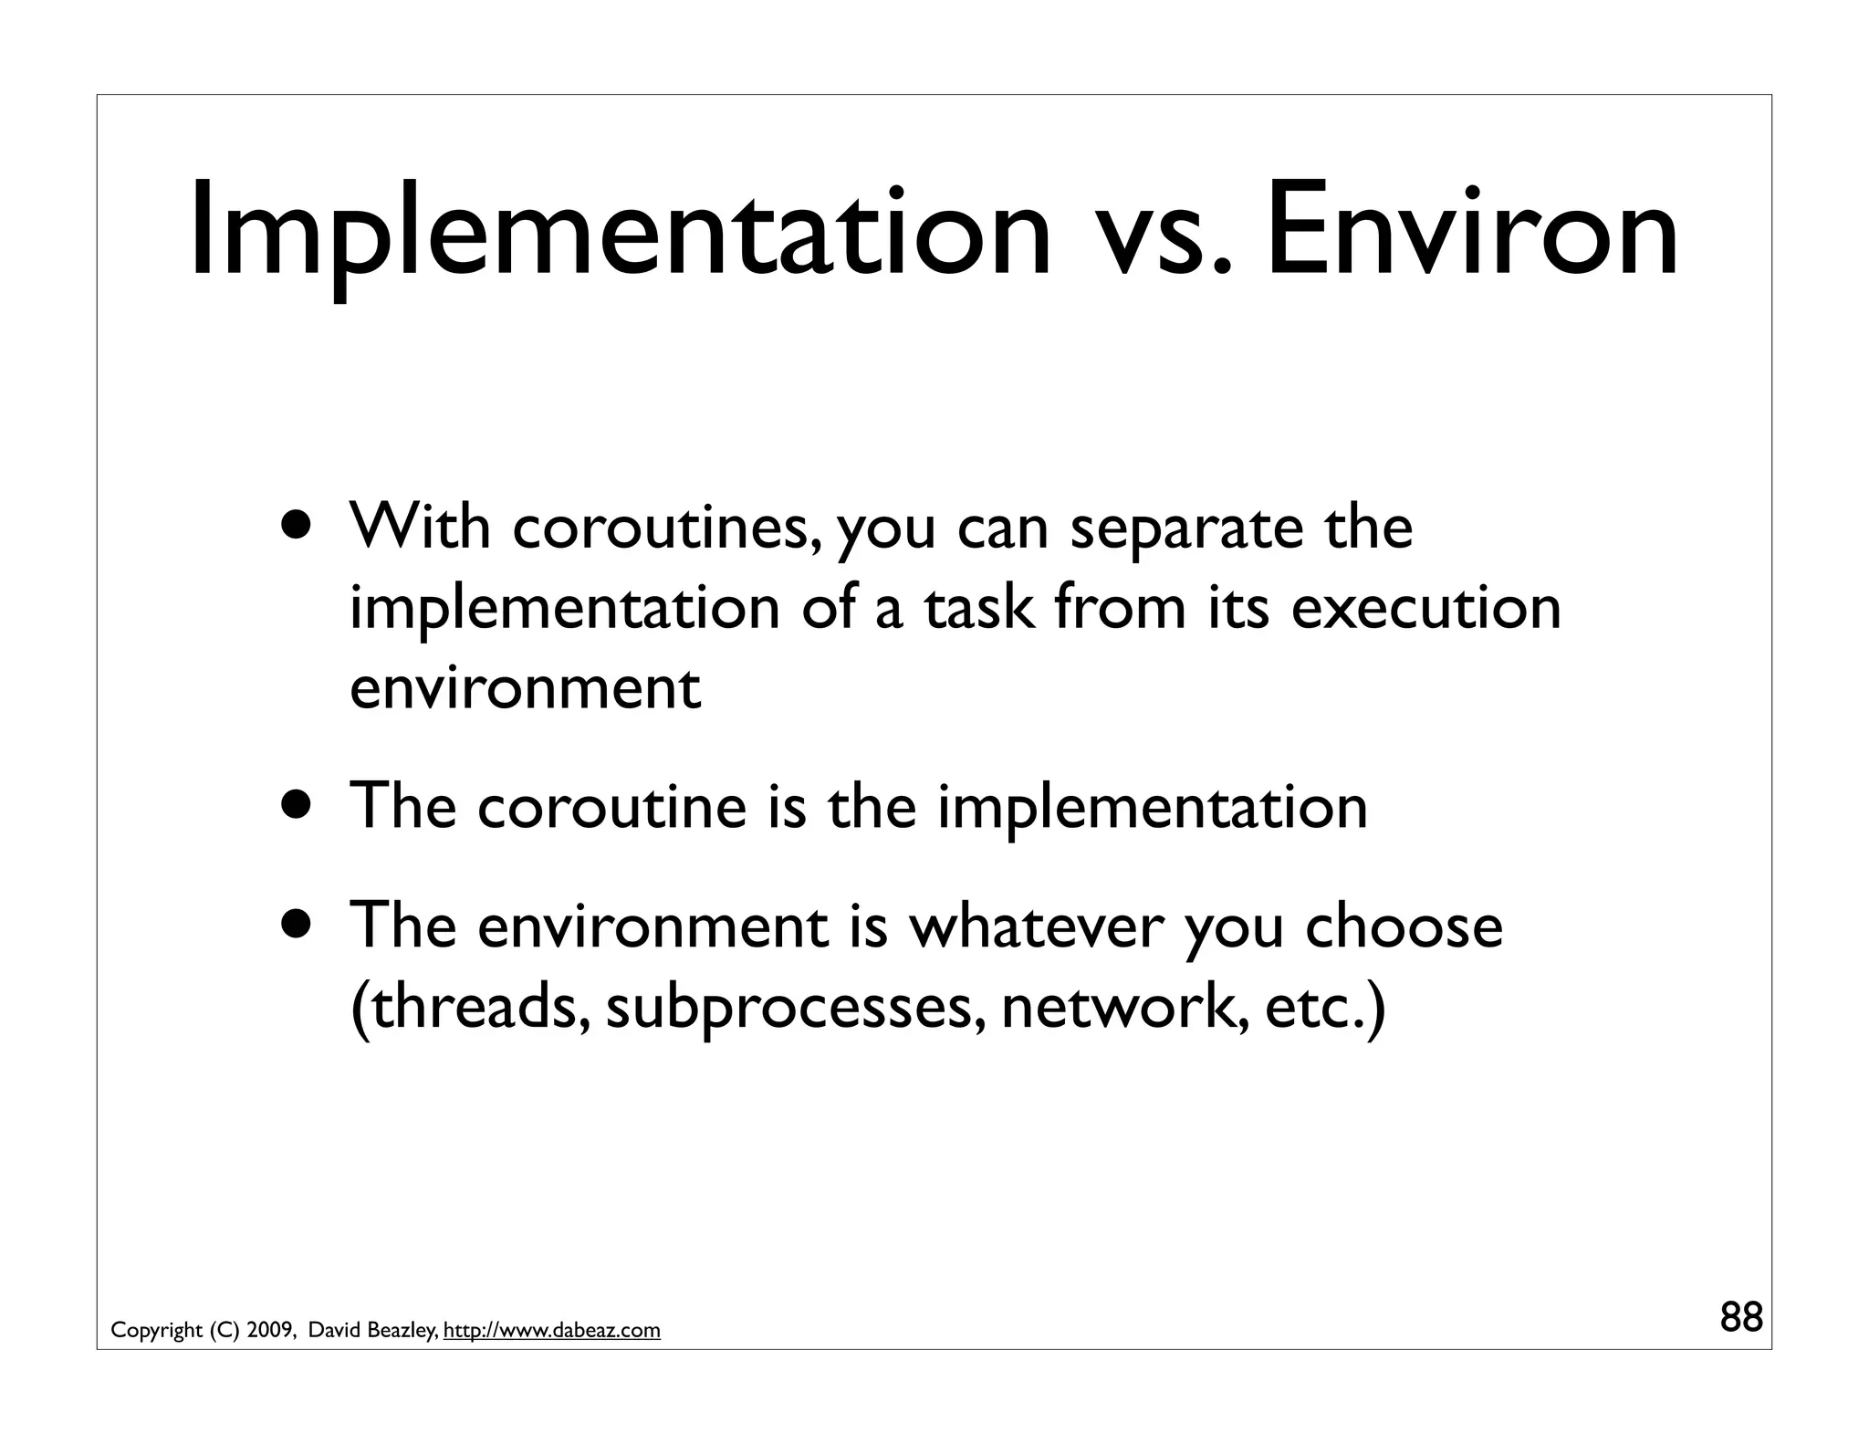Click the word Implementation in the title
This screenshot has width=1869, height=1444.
point(621,233)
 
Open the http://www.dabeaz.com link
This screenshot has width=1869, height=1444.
point(551,1331)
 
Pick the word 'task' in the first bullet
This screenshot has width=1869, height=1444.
point(979,608)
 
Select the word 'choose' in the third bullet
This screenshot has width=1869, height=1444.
point(1404,927)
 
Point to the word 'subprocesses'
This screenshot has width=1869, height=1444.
point(795,1008)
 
